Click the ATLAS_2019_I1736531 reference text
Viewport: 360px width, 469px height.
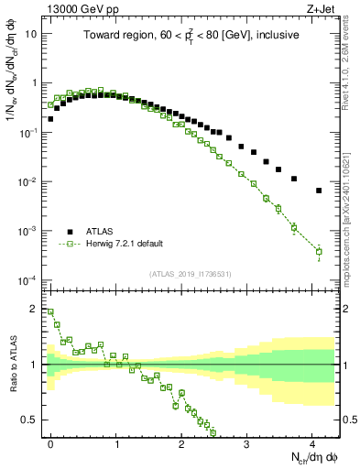[191, 274]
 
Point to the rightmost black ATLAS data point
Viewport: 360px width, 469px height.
[319, 191]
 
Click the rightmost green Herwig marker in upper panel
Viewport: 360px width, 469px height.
[319, 251]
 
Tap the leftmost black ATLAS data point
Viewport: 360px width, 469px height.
[51, 118]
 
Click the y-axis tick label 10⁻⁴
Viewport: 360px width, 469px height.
[29, 279]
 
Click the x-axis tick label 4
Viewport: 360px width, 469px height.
[312, 442]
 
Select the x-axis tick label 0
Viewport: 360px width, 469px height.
[51, 442]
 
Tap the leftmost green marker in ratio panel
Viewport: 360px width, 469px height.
[51, 311]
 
